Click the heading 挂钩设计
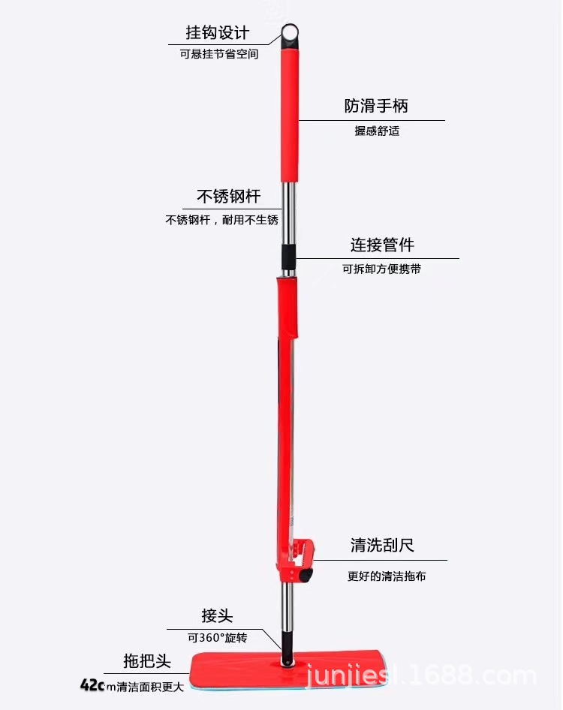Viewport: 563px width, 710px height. pyautogui.click(x=218, y=34)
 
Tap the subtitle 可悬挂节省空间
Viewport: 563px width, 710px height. pyautogui.click(x=218, y=55)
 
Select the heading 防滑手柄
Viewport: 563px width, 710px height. pyautogui.click(x=376, y=106)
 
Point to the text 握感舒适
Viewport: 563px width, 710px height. pyautogui.click(x=377, y=131)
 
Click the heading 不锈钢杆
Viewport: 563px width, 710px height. pyautogui.click(x=228, y=197)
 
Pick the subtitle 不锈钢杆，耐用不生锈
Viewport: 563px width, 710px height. pyautogui.click(x=221, y=220)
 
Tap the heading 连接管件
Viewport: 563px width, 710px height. pyautogui.click(x=382, y=245)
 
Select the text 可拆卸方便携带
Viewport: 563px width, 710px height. pyautogui.click(x=381, y=269)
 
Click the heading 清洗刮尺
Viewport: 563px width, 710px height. pyautogui.click(x=382, y=545)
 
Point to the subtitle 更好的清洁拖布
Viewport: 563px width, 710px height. pyautogui.click(x=387, y=576)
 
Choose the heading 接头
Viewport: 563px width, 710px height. pyautogui.click(x=217, y=616)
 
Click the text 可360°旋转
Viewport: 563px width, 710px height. pyautogui.click(x=217, y=638)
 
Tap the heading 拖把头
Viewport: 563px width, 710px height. pyautogui.click(x=147, y=661)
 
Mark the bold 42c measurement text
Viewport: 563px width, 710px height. pyautogui.click(x=92, y=685)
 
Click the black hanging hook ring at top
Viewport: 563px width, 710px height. pyautogui.click(x=291, y=34)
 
